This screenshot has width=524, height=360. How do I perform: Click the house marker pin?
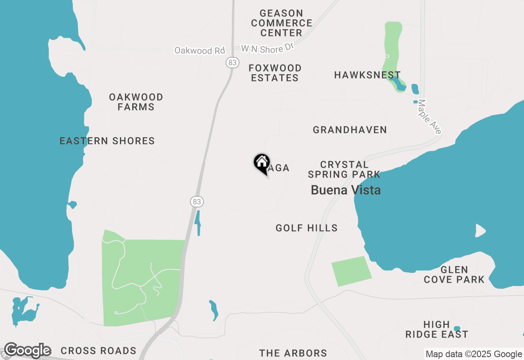[x=262, y=163]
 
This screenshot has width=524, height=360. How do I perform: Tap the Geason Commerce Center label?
[x=281, y=23]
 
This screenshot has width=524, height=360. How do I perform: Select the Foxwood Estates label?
[x=275, y=73]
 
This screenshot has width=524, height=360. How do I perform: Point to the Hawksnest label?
[x=367, y=75]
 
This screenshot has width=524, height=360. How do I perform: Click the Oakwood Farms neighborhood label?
[x=136, y=102]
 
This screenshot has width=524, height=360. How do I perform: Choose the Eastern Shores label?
[x=107, y=141]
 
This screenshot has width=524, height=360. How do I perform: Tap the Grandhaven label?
[x=350, y=130]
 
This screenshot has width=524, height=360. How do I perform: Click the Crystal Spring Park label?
[x=344, y=169]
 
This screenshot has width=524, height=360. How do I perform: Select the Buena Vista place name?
[x=346, y=190]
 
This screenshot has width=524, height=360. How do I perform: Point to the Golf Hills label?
[x=307, y=228]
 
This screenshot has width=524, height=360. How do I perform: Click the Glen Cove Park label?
[x=454, y=275]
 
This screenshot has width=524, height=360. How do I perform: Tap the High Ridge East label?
[x=437, y=329]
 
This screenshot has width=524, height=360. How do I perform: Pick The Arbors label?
[x=293, y=353]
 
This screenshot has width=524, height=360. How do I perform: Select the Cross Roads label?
[x=98, y=351]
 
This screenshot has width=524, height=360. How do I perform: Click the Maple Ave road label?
[x=429, y=117]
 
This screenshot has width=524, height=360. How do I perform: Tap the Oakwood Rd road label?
[x=200, y=50]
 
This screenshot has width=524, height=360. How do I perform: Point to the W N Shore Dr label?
[x=268, y=48]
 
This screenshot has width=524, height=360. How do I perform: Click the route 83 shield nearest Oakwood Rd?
[x=232, y=63]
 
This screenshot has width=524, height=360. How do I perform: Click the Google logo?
[x=27, y=351]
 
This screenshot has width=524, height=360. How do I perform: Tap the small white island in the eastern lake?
[x=480, y=231]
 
